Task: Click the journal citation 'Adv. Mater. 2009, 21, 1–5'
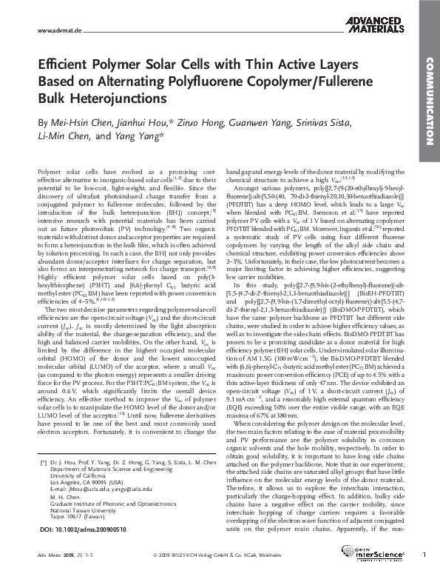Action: [x=61, y=575]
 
